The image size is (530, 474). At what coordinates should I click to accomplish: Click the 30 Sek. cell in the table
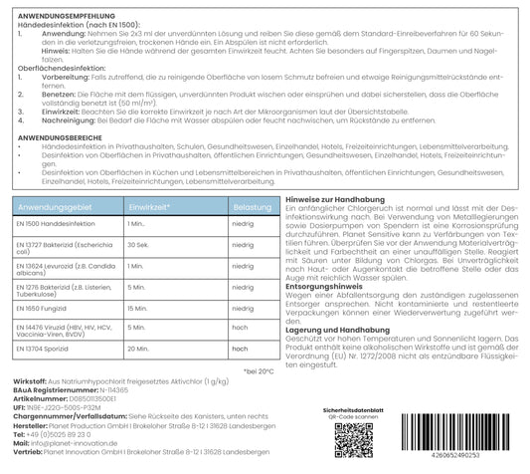click(140, 245)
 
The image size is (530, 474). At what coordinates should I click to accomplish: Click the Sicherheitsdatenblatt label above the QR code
click(358, 407)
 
